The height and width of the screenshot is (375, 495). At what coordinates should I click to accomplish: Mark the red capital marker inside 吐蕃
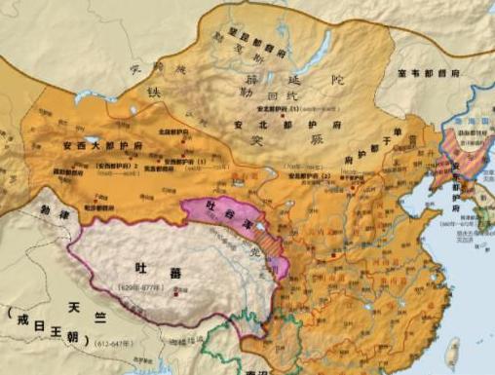tap(174, 291)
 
